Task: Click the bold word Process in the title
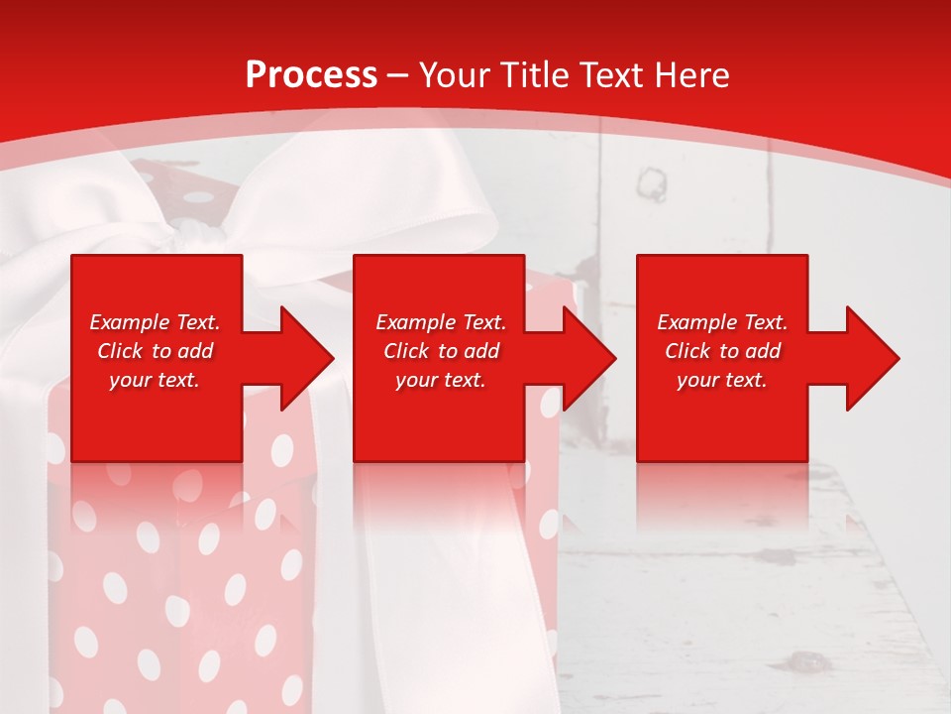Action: [x=311, y=75]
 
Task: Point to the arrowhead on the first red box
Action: [x=297, y=358]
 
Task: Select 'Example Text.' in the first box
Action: [x=155, y=322]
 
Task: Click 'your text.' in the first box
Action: [x=155, y=380]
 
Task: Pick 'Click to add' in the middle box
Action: [x=441, y=351]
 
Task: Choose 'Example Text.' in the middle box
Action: [x=441, y=322]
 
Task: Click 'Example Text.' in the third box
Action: [x=722, y=322]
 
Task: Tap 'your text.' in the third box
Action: [x=722, y=380]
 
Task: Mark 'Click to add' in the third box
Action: [x=722, y=351]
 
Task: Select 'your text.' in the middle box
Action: [x=441, y=380]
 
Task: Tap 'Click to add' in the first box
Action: [x=155, y=351]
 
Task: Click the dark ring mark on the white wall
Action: [x=652, y=183]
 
